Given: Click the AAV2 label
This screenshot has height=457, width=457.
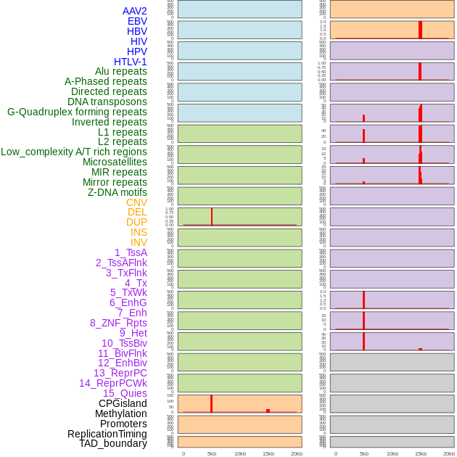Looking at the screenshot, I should pyautogui.click(x=134, y=11).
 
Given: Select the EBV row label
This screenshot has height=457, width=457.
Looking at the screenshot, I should pyautogui.click(x=137, y=21).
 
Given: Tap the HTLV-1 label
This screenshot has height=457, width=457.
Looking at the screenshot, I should pyautogui.click(x=130, y=62).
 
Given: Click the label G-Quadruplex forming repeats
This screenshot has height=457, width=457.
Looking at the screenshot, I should pyautogui.click(x=77, y=112).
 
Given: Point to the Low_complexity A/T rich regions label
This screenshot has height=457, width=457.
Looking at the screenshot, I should pyautogui.click(x=74, y=152).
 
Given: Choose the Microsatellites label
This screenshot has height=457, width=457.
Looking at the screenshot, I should pyautogui.click(x=115, y=162).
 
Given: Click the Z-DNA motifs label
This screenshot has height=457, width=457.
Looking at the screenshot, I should pyautogui.click(x=117, y=192).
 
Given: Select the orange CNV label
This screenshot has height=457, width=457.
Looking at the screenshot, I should pyautogui.click(x=136, y=202).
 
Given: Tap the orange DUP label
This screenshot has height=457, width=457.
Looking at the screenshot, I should pyautogui.click(x=136, y=222).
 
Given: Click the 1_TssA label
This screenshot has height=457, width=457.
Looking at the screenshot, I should pyautogui.click(x=131, y=252).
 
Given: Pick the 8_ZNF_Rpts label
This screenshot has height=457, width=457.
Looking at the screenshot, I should pyautogui.click(x=118, y=323).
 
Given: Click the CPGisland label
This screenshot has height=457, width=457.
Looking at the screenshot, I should pyautogui.click(x=123, y=403).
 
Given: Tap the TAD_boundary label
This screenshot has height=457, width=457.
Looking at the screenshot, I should pyautogui.click(x=113, y=443).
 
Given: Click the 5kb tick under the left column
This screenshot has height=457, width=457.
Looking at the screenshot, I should pyautogui.click(x=212, y=453).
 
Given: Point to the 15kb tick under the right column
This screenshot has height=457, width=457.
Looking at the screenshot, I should pyautogui.click(x=421, y=453).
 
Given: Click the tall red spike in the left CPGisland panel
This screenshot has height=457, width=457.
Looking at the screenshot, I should pyautogui.click(x=211, y=403).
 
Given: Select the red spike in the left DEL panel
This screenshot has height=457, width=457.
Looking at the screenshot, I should pyautogui.click(x=212, y=217).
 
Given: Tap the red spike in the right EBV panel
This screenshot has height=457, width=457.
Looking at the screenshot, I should pyautogui.click(x=420, y=30).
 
